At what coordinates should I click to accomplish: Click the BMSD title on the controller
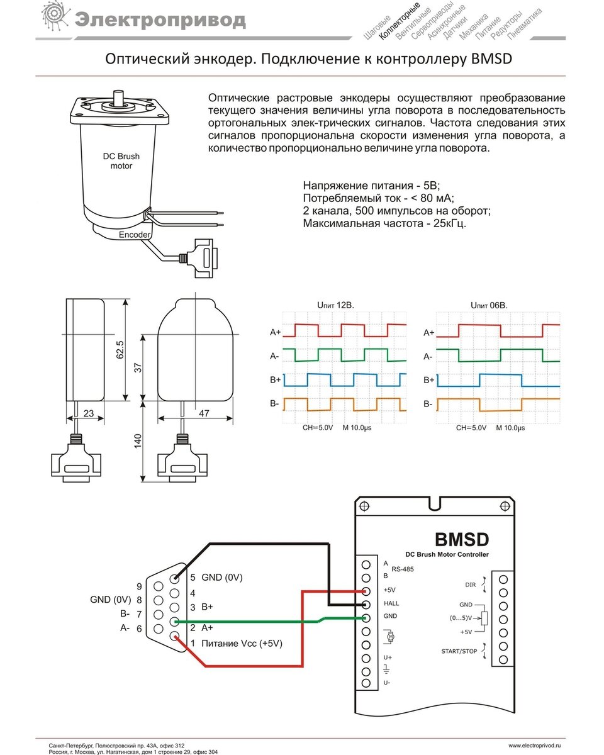(x=461, y=539)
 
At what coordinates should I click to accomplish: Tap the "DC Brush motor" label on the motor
(x=121, y=161)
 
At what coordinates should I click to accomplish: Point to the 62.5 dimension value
(x=120, y=350)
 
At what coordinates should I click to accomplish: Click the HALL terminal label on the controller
(x=391, y=603)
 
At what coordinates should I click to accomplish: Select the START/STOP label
(x=460, y=651)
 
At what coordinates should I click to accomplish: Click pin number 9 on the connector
(x=139, y=586)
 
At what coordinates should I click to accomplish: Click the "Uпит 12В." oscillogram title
(x=335, y=305)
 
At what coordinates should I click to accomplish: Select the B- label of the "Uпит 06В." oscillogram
(x=428, y=404)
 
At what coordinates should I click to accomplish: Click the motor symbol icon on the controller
(x=389, y=637)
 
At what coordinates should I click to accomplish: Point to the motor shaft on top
(x=118, y=96)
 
